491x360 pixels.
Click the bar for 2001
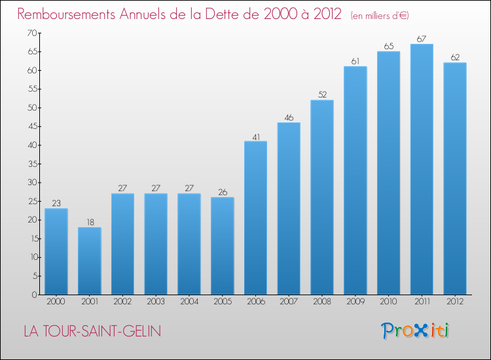pyautogui.click(x=90, y=261)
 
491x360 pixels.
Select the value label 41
pyautogui.click(x=255, y=137)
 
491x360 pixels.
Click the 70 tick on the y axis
pyautogui.click(x=31, y=33)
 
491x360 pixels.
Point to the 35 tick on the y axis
pyautogui.click(x=31, y=164)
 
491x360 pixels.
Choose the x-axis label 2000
pyautogui.click(x=56, y=302)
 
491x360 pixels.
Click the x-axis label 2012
pyautogui.click(x=455, y=302)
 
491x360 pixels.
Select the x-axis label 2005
pyautogui.click(x=223, y=302)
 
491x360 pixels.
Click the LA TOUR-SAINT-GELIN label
pyautogui.click(x=92, y=331)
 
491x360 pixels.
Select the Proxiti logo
pyautogui.click(x=414, y=331)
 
